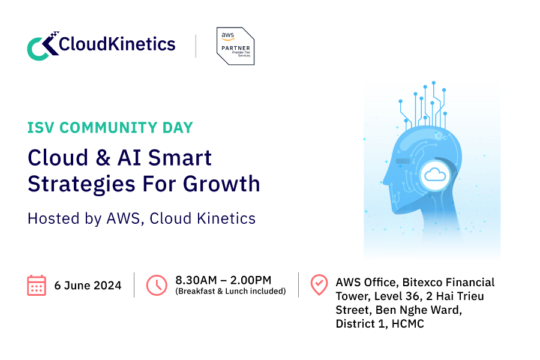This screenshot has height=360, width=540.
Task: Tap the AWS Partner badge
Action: pyautogui.click(x=235, y=46)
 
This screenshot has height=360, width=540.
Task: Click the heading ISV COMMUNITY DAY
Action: pyautogui.click(x=110, y=128)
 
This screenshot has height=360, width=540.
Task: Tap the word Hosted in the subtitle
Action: pyautogui.click(x=47, y=218)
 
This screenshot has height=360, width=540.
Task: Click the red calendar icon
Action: pyautogui.click(x=37, y=285)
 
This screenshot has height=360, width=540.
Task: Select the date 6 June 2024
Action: pyautogui.click(x=88, y=286)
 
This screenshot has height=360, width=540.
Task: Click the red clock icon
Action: pyautogui.click(x=157, y=285)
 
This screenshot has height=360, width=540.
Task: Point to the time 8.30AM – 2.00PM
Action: pyautogui.click(x=223, y=280)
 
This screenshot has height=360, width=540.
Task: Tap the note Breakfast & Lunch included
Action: pyautogui.click(x=230, y=292)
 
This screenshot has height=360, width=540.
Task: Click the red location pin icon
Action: pyautogui.click(x=319, y=285)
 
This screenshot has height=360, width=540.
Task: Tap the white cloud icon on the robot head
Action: pyautogui.click(x=434, y=175)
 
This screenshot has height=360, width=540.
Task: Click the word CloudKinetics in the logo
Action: pyautogui.click(x=117, y=44)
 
